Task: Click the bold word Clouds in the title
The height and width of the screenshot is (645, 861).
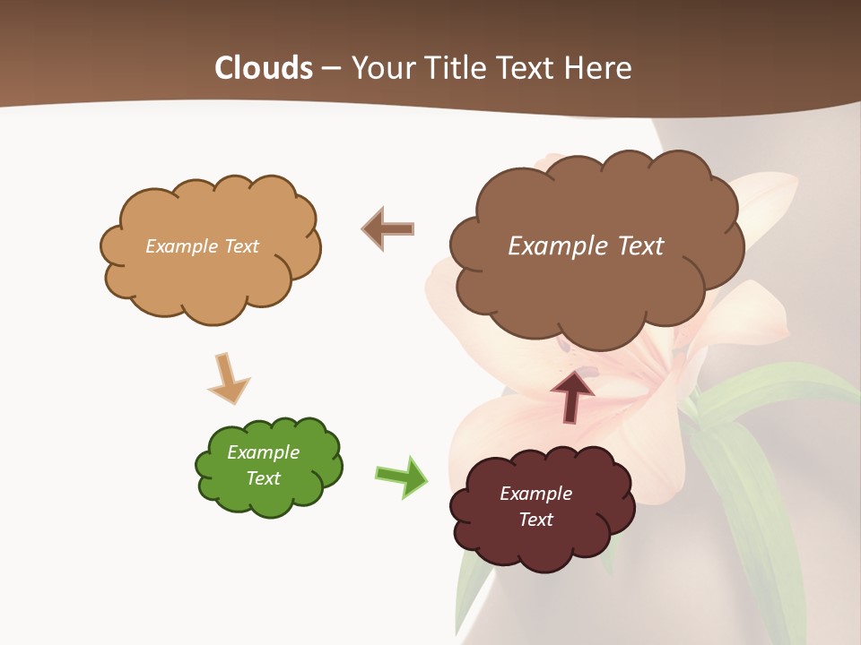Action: click(x=263, y=68)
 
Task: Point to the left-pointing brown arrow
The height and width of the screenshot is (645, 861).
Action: click(x=387, y=228)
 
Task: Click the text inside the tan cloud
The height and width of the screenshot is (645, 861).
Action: click(x=202, y=246)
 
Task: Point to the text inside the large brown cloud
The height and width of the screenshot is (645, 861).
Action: click(x=586, y=246)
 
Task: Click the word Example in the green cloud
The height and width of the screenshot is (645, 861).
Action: click(x=263, y=452)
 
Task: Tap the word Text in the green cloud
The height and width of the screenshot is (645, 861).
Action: click(x=263, y=478)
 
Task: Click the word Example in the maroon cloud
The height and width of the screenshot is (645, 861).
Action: click(x=535, y=494)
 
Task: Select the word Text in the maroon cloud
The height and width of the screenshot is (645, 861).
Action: click(x=535, y=520)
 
